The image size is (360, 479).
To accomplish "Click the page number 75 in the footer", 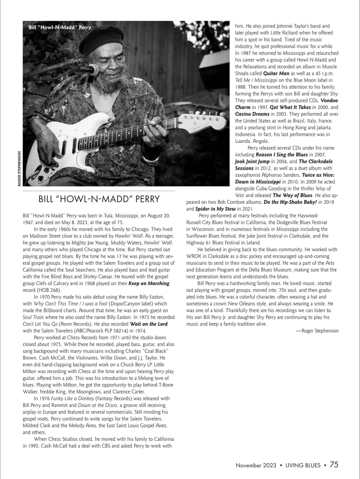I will point(334,465).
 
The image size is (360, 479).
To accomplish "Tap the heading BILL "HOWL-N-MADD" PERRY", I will point(99,199).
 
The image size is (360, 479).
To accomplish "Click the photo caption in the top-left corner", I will point(60,27).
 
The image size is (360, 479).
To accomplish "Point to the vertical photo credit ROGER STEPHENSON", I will point(19,168).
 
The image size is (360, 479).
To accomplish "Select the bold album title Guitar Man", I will point(276,74).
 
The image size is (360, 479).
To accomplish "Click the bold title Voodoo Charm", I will point(329,101).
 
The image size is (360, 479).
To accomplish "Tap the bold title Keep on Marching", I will point(149,283).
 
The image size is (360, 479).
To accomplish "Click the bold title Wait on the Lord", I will point(149,324).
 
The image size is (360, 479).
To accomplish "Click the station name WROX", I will point(194,256).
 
